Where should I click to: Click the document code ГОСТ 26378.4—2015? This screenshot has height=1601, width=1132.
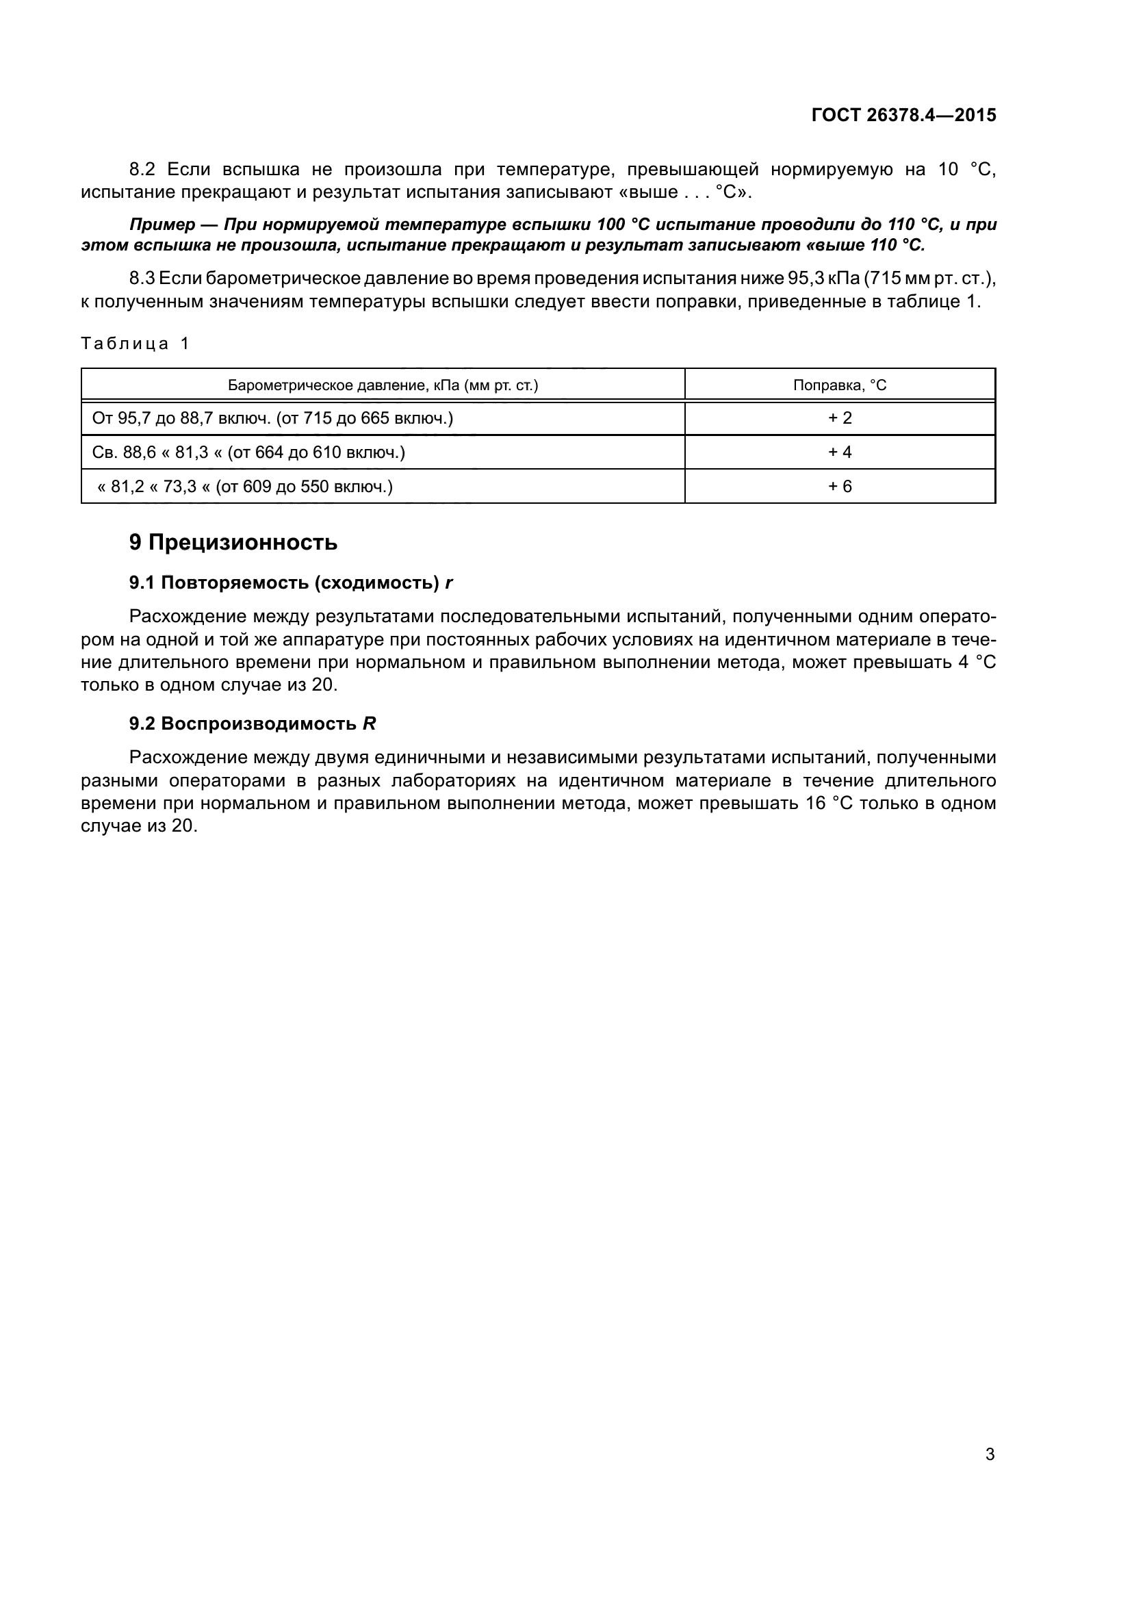pyautogui.click(x=903, y=115)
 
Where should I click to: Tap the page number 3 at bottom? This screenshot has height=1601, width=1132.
pyautogui.click(x=989, y=1455)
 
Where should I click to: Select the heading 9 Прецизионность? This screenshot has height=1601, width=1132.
pyautogui.click(x=233, y=542)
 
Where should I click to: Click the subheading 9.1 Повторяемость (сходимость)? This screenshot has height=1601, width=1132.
pyautogui.click(x=291, y=583)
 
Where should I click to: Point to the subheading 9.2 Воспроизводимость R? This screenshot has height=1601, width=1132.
pyautogui.click(x=253, y=723)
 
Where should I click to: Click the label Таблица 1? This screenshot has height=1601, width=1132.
pyautogui.click(x=135, y=343)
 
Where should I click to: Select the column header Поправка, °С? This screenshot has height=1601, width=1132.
pyautogui.click(x=839, y=385)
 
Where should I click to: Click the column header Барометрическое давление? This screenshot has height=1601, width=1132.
pyautogui.click(x=383, y=385)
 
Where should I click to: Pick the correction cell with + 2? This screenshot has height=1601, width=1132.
pyautogui.click(x=839, y=418)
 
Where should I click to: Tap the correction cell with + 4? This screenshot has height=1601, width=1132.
pyautogui.click(x=839, y=452)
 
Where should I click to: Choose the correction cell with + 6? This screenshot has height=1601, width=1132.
pyautogui.click(x=839, y=487)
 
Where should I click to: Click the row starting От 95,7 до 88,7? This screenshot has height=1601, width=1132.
pyautogui.click(x=272, y=418)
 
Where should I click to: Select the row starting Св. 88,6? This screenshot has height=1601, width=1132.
pyautogui.click(x=248, y=452)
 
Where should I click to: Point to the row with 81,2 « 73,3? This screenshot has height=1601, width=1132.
pyautogui.click(x=244, y=487)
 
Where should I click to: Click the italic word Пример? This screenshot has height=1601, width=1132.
pyautogui.click(x=162, y=225)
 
